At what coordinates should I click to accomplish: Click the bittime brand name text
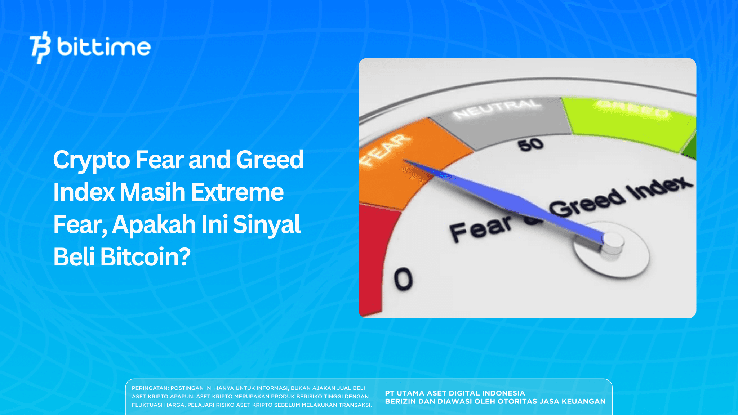pyautogui.click(x=104, y=47)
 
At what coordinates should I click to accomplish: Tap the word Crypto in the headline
pyautogui.click(x=91, y=160)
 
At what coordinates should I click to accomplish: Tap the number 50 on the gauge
pyautogui.click(x=530, y=145)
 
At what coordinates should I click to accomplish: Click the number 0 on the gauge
pyautogui.click(x=403, y=279)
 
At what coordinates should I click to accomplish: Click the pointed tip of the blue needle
pyautogui.click(x=405, y=160)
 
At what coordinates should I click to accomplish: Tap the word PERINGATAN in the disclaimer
pyautogui.click(x=150, y=388)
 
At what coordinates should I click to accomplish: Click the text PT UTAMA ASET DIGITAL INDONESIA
pyautogui.click(x=455, y=393)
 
